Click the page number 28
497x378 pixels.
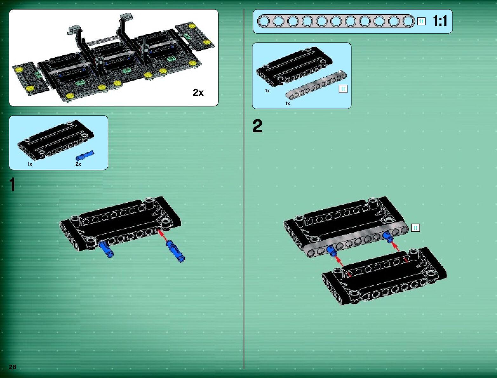pos(12,367)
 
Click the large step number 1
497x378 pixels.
pos(12,184)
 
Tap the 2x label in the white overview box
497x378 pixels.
pos(198,92)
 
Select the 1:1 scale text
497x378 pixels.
pos(440,21)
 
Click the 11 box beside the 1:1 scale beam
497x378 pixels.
pos(421,22)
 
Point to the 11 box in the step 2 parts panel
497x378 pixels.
pos(343,89)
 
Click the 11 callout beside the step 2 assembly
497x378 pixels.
pos(415,228)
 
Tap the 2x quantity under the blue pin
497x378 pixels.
pos(78,164)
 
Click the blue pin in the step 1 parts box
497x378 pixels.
pos(85,156)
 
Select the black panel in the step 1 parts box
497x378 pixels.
pos(56,140)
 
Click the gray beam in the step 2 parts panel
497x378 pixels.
pos(316,85)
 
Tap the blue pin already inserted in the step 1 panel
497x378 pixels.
pos(106,249)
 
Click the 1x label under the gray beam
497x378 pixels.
pos(287,103)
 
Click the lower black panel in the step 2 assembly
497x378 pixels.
pos(384,276)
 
